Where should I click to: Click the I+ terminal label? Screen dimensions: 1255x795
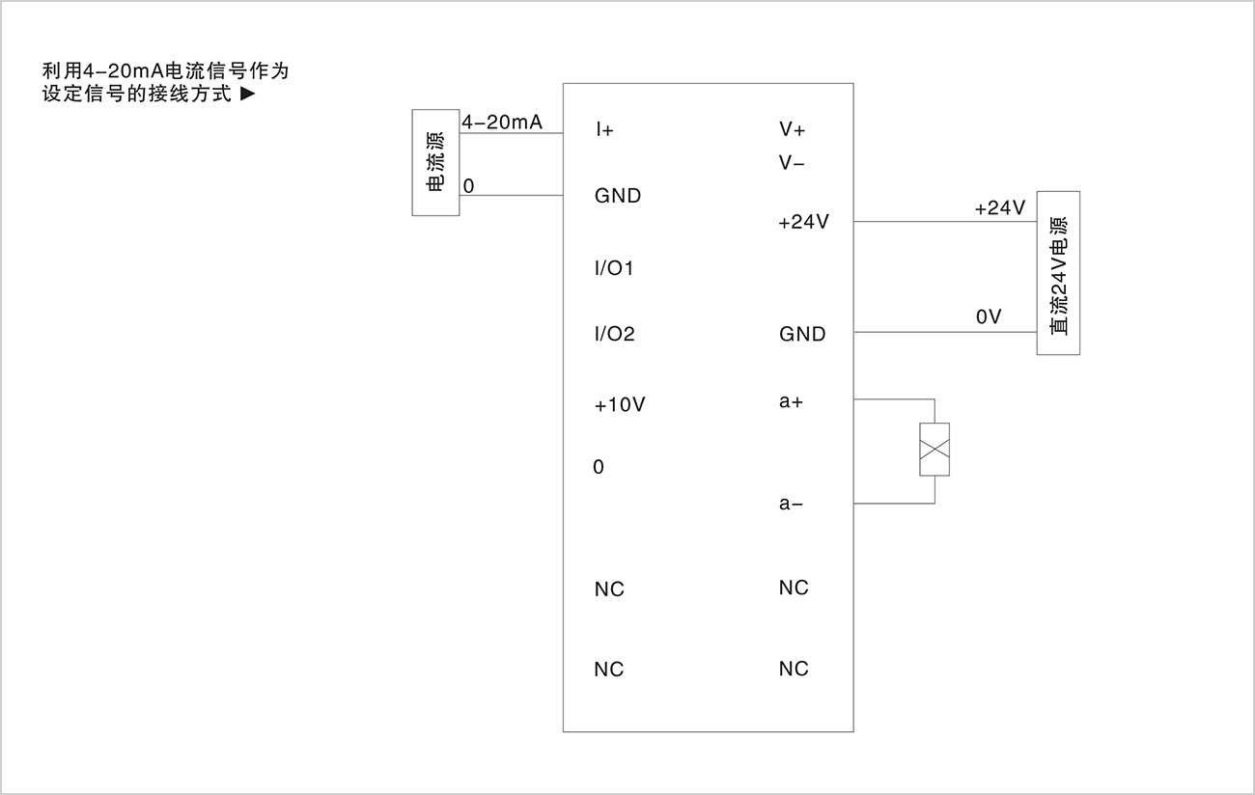click(604, 130)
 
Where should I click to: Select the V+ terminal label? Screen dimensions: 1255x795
click(792, 129)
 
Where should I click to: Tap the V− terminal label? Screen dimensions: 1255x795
click(791, 163)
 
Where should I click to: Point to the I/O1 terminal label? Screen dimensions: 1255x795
click(613, 268)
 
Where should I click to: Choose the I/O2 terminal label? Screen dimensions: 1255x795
click(615, 334)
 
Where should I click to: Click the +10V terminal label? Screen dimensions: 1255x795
click(620, 404)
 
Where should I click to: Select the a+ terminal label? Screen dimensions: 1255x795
click(791, 401)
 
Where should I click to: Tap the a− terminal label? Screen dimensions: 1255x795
click(791, 504)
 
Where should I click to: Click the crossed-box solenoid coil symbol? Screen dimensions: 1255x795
click(934, 450)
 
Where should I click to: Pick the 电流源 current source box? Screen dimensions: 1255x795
click(436, 162)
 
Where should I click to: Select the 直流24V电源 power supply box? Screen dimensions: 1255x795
click(1058, 273)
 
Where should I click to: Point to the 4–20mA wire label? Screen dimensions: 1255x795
click(502, 123)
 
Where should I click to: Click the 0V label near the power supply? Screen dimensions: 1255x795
click(989, 316)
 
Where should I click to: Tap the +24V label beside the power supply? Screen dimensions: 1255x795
click(1000, 207)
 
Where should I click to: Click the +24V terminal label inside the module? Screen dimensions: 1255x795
click(803, 222)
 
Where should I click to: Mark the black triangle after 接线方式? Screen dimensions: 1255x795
click(248, 94)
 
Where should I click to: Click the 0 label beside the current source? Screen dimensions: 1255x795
click(468, 186)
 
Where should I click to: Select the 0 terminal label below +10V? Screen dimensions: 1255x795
click(599, 467)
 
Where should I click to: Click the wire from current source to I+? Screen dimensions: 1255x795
click(512, 133)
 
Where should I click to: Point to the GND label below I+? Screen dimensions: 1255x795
click(618, 196)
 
